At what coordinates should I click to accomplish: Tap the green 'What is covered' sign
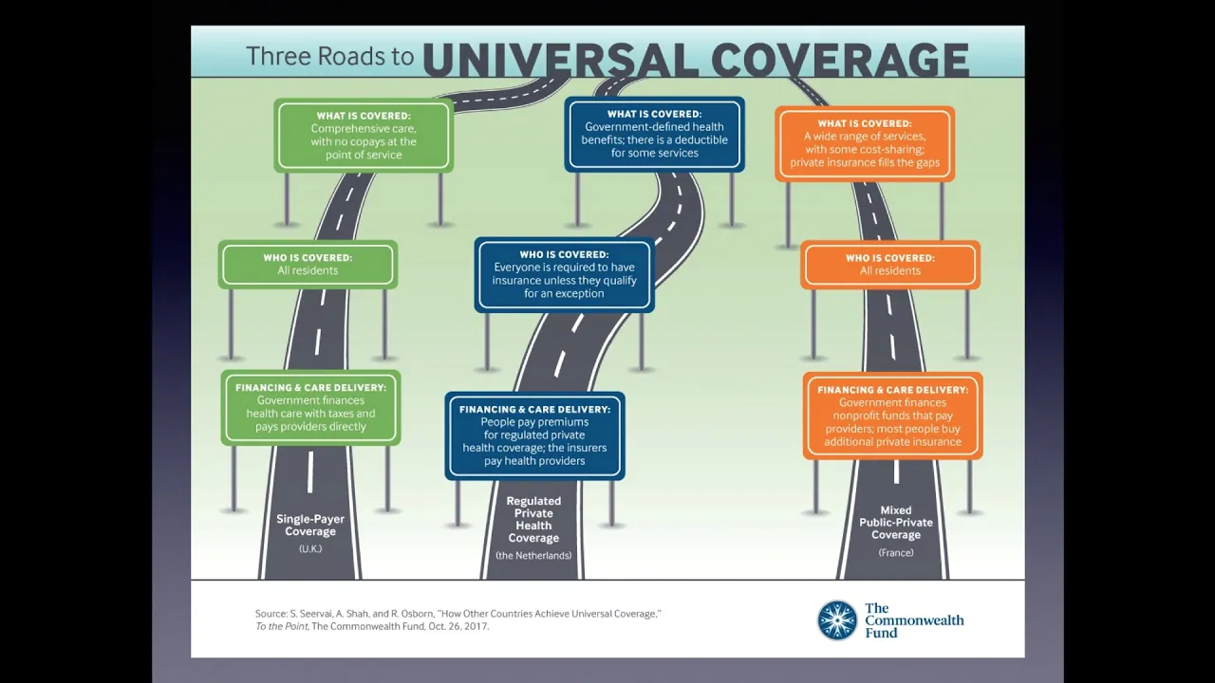(x=364, y=136)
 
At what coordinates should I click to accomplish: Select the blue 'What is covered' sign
(x=654, y=134)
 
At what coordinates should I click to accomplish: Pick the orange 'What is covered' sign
(x=865, y=143)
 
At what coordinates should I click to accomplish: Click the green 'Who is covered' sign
(x=308, y=265)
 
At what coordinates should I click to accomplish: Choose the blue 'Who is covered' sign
(x=564, y=275)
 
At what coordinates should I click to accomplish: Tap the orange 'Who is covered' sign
(x=890, y=265)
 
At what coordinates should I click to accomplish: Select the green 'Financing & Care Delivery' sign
(x=310, y=408)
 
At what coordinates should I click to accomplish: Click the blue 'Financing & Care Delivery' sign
(x=534, y=435)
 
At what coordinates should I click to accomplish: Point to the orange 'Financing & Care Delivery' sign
(x=893, y=415)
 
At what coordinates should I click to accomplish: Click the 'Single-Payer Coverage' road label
(x=310, y=526)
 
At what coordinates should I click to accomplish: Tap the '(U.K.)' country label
(x=310, y=548)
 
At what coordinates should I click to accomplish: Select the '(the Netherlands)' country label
(x=533, y=556)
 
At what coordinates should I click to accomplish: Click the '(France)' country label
(x=896, y=553)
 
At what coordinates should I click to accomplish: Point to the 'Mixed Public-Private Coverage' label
(x=896, y=523)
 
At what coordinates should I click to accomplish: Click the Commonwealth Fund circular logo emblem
(x=837, y=620)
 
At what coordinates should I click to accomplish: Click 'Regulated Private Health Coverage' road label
(x=533, y=519)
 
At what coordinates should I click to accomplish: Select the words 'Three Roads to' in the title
(x=329, y=56)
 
